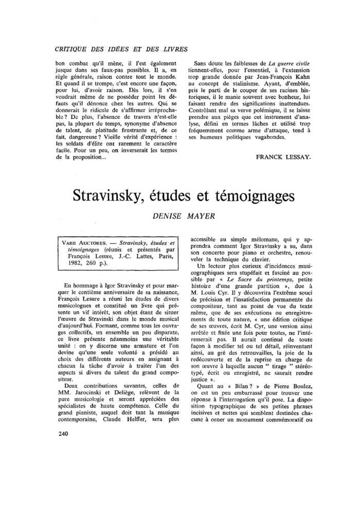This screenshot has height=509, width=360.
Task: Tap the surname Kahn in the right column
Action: coord(298,81)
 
